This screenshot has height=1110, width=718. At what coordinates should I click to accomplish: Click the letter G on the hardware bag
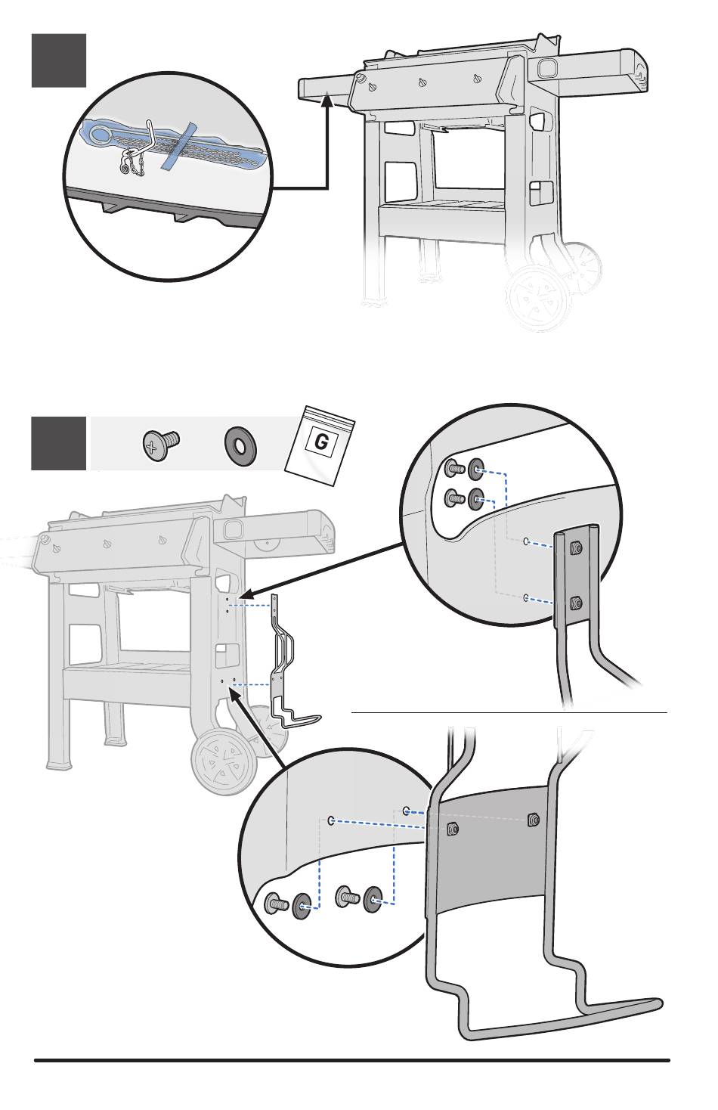tap(321, 442)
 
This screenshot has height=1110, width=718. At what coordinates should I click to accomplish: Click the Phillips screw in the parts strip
tap(159, 444)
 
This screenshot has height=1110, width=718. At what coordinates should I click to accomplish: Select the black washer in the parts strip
tap(240, 443)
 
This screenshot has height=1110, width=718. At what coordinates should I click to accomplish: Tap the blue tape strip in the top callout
tap(180, 144)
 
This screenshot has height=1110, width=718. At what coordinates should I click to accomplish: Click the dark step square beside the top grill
tap(58, 60)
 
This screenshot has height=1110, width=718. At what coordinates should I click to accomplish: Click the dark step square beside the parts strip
tap(58, 443)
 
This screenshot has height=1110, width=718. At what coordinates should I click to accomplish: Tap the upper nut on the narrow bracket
tap(577, 547)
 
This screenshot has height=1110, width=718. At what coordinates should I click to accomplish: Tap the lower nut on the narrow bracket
tap(577, 603)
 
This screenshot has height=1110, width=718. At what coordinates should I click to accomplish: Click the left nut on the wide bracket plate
tap(452, 828)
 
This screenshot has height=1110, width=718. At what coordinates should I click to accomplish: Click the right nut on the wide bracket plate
tap(533, 820)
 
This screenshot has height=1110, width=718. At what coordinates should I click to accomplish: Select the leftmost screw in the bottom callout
tap(276, 904)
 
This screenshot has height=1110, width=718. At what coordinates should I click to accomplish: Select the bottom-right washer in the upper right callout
tap(477, 498)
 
